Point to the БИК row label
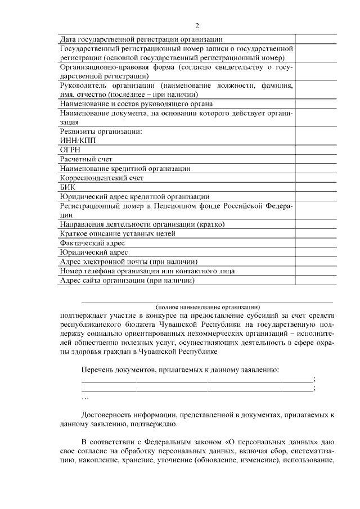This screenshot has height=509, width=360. (67, 187)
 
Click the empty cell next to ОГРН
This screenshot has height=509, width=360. (317, 150)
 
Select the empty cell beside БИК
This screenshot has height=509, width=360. (317, 187)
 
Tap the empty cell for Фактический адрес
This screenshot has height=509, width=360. (317, 242)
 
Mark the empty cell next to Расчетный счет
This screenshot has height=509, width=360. (317, 159)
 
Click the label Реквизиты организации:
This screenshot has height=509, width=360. (101, 132)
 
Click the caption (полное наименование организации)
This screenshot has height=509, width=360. (208, 307)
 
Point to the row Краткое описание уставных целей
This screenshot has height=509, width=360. (118, 233)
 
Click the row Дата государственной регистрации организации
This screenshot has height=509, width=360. (141, 39)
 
